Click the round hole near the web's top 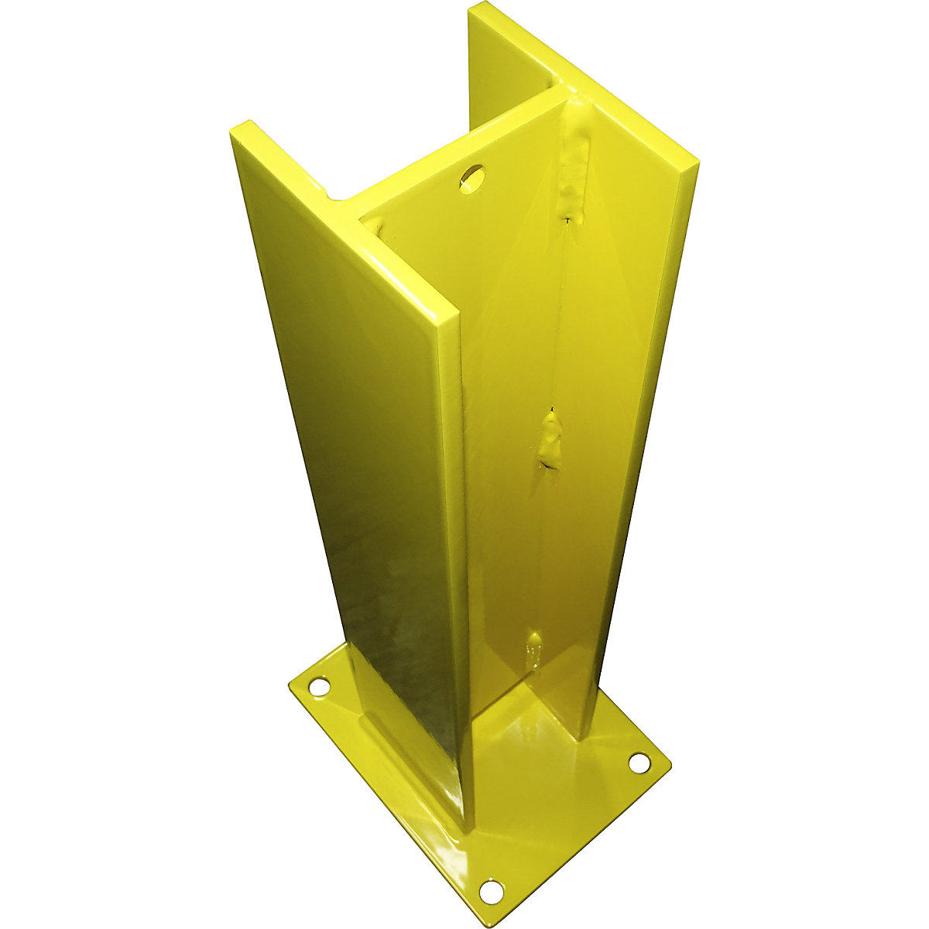[471, 177]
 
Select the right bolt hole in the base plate [638, 763]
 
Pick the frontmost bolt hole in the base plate [490, 891]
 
